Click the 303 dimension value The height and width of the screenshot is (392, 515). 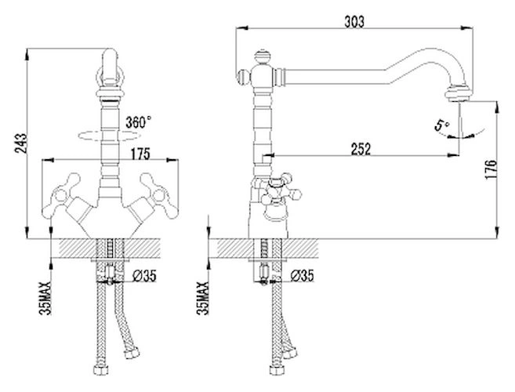(355, 21)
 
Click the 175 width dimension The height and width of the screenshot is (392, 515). (141, 154)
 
